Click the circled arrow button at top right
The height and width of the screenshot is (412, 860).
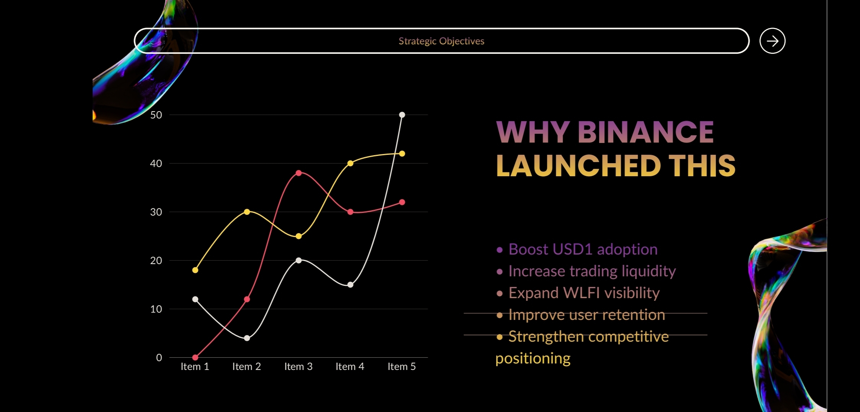click(x=772, y=41)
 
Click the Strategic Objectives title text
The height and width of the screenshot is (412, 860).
click(x=441, y=41)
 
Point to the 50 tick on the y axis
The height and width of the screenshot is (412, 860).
click(x=156, y=115)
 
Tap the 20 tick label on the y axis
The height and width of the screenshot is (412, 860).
click(x=156, y=261)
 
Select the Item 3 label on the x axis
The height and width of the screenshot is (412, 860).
click(x=298, y=367)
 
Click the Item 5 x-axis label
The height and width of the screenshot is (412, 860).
click(x=402, y=367)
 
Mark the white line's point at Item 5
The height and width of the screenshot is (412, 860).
click(x=402, y=115)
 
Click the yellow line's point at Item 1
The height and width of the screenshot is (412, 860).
click(x=195, y=270)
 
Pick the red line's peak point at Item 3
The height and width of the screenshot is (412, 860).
click(x=299, y=173)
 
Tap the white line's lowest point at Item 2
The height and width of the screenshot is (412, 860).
click(x=247, y=338)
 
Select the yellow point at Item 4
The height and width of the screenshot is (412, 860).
click(x=350, y=163)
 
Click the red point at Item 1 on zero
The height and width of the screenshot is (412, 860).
click(x=195, y=357)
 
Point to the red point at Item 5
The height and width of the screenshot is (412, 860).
click(x=402, y=202)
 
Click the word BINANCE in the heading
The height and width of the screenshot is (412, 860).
click(x=646, y=132)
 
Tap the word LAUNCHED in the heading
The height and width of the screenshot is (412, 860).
click(x=578, y=166)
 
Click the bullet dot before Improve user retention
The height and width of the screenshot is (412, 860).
click(x=500, y=315)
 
